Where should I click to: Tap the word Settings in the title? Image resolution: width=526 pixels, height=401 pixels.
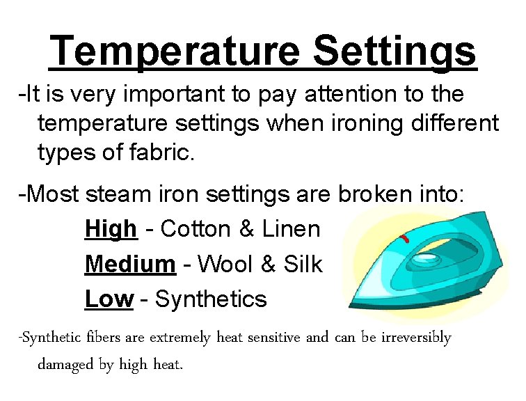click(x=395, y=51)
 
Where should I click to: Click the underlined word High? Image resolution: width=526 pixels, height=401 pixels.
click(x=111, y=229)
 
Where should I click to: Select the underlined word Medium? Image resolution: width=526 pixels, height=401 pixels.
click(x=130, y=265)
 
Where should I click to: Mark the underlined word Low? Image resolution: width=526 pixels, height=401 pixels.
click(x=109, y=299)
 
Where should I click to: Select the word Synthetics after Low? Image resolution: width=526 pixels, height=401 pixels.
click(x=211, y=299)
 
